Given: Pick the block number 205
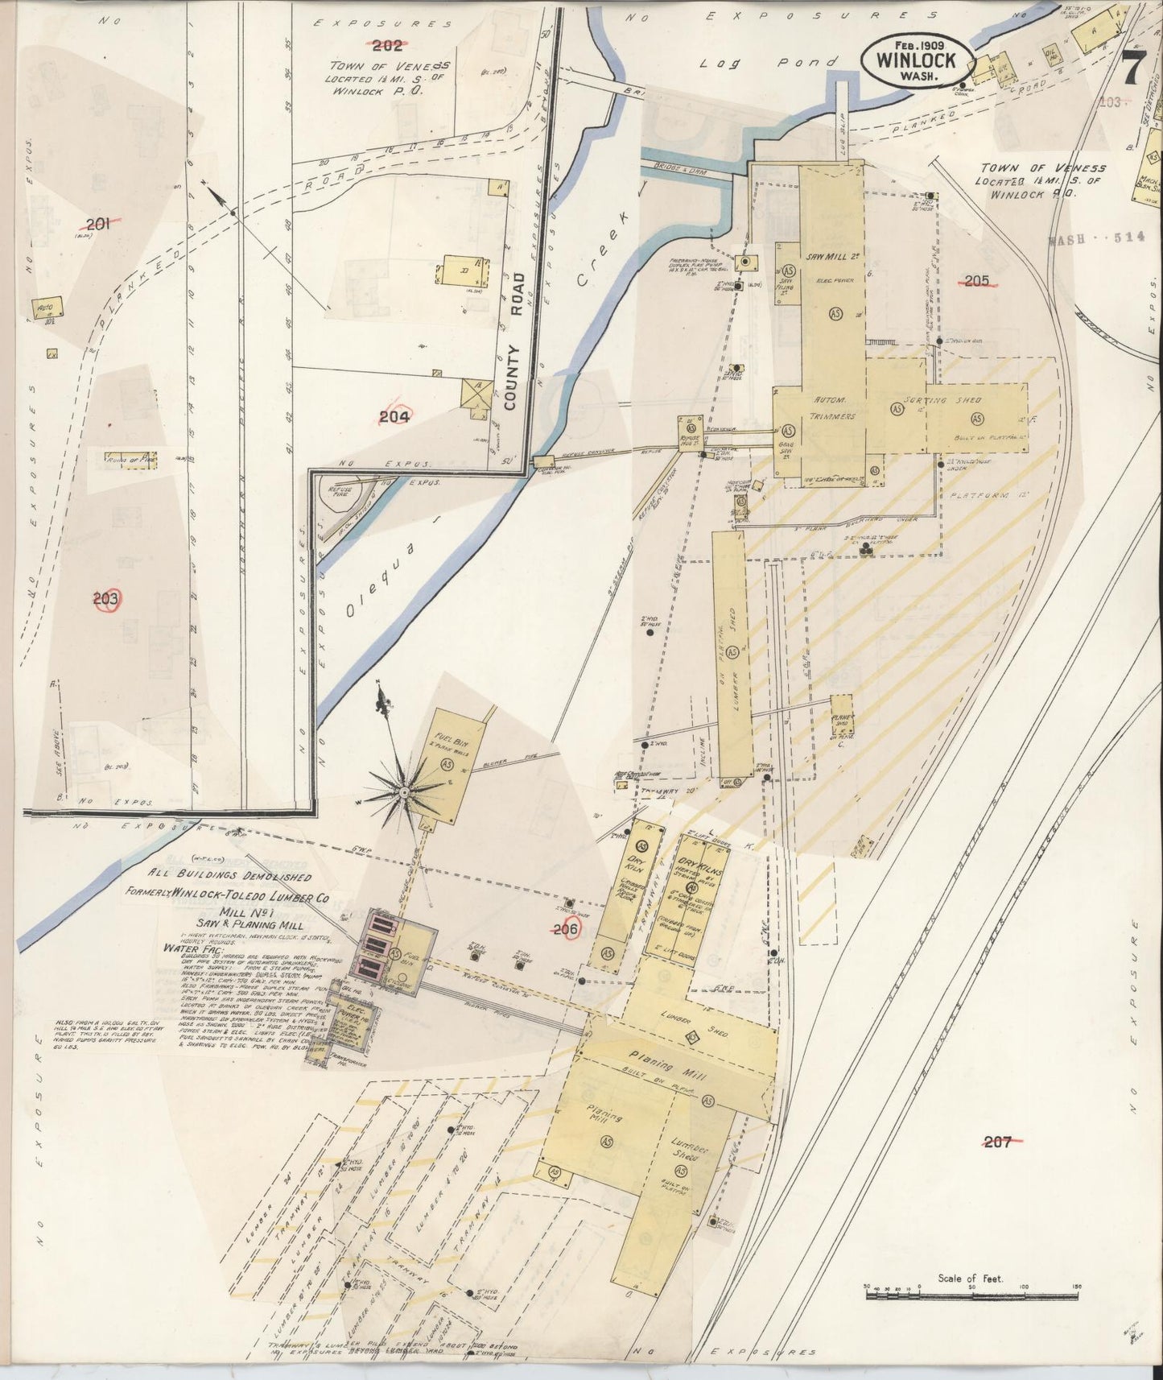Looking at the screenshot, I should click(x=976, y=280).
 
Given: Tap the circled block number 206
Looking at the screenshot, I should click(x=567, y=929).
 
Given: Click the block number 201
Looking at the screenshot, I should click(x=97, y=225).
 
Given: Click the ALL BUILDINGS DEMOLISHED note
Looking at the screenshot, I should click(x=223, y=874).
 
